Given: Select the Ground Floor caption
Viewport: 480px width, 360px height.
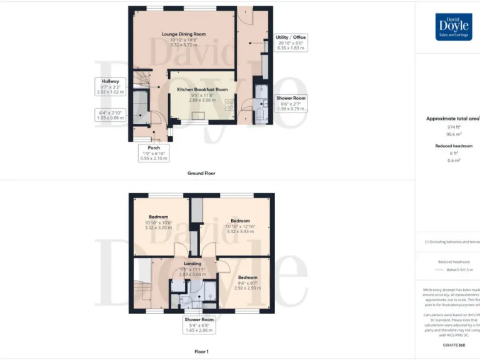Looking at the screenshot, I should point(201,173).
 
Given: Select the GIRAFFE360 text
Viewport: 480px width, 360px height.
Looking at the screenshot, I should point(454,345).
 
